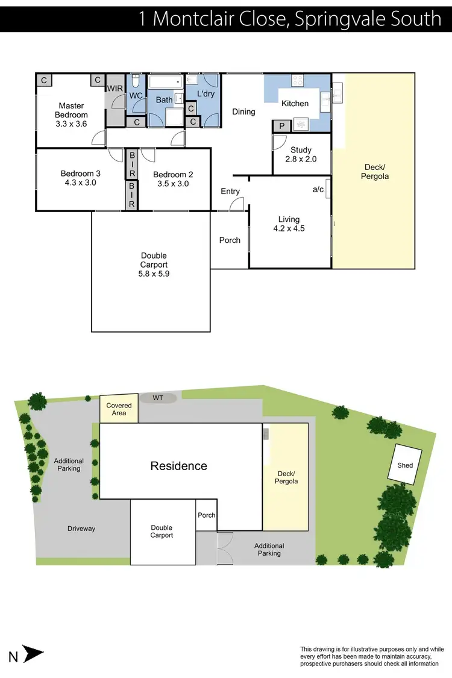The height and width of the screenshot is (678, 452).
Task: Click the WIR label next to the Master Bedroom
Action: (115, 89)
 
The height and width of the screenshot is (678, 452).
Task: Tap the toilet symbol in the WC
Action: (136, 81)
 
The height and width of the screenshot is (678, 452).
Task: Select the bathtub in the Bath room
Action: (165, 82)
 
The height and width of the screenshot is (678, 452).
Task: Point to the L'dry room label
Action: (205, 94)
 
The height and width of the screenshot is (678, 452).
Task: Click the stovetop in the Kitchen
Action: (298, 81)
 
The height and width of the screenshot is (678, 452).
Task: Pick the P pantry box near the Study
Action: (281, 126)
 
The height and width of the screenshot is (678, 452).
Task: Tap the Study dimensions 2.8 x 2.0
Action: (301, 160)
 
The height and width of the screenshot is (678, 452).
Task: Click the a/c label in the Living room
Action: (318, 189)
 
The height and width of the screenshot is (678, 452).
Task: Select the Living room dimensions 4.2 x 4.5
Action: (289, 229)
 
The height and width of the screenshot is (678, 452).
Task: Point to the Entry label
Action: (230, 192)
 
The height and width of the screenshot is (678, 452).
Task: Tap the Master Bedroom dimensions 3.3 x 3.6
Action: (71, 124)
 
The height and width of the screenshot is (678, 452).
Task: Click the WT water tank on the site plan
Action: (159, 398)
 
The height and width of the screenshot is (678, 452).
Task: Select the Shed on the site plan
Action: (405, 465)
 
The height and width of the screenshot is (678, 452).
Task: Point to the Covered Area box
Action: (119, 409)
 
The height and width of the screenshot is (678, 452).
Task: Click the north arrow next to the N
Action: (34, 654)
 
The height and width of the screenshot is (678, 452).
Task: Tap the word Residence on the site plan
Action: (178, 466)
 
